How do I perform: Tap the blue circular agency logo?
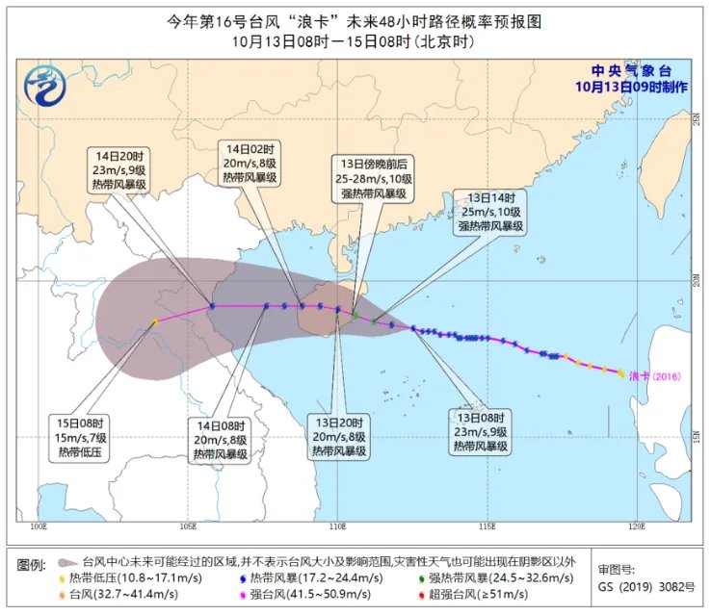(x=43, y=86)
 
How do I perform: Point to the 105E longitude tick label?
(x=188, y=526)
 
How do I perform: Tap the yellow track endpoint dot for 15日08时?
(x=154, y=322)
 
